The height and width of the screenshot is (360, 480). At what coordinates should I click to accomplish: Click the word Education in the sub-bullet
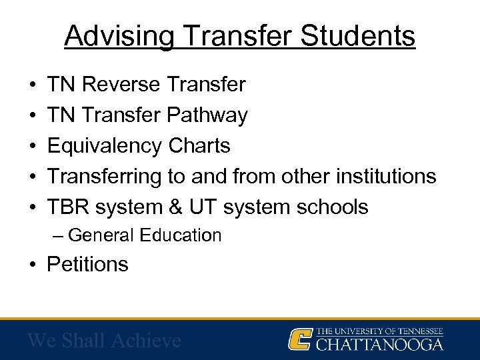pos(185,235)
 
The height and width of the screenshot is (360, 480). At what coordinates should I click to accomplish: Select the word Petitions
pos(87,265)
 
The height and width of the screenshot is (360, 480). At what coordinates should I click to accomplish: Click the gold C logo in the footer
pos(299,339)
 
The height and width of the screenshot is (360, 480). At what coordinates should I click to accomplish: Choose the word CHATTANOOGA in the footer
pos(379,345)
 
